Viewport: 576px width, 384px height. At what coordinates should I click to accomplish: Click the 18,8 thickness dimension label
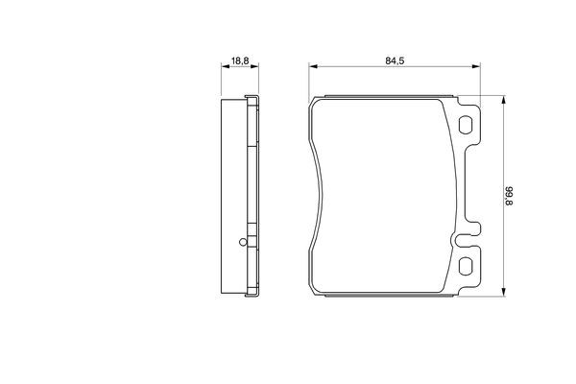(x=240, y=60)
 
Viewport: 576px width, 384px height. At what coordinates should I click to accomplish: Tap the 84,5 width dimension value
(x=395, y=61)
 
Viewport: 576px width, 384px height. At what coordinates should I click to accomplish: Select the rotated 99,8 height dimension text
(x=510, y=196)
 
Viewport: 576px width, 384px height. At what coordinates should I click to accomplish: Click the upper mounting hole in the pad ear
(x=466, y=125)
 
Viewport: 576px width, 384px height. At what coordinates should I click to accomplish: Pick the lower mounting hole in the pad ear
(x=466, y=266)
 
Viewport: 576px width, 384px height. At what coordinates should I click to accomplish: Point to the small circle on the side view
(x=243, y=242)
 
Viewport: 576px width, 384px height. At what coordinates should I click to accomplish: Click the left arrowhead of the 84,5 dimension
(x=313, y=66)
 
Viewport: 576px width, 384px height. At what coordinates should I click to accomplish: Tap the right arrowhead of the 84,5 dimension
(x=476, y=66)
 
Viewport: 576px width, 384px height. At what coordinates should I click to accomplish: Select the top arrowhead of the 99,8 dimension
(x=504, y=100)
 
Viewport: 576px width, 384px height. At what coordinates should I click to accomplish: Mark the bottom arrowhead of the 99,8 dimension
(x=504, y=292)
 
